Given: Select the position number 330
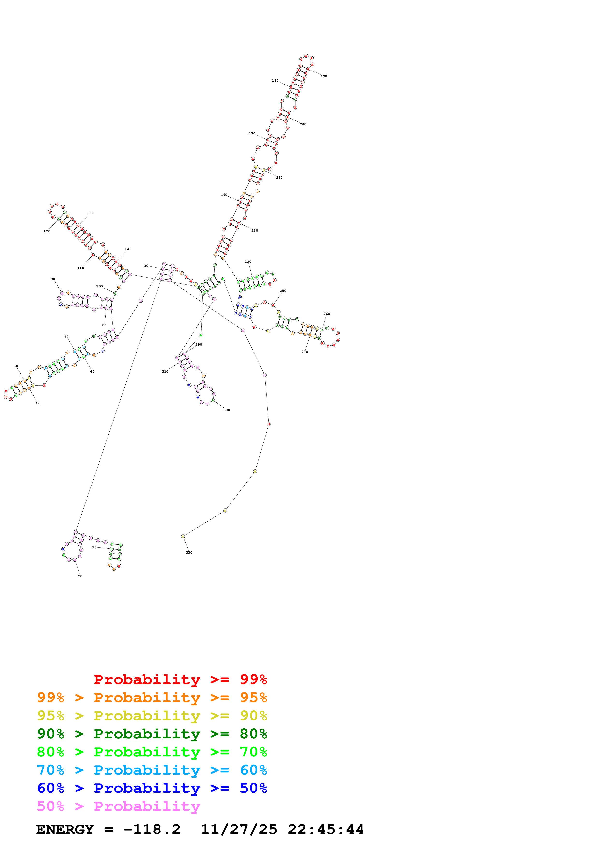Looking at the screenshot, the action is coord(189,553).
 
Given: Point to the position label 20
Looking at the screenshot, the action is coord(80,576).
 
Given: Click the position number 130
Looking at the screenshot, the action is coord(90,213).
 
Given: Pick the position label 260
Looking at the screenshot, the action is coord(327,314).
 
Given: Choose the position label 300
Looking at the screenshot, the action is coord(227,410).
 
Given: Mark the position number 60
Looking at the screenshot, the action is coord(16,366).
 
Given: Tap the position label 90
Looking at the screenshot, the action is coord(53,279).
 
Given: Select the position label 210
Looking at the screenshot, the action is coord(279,178).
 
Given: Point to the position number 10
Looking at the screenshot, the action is coord(94,547).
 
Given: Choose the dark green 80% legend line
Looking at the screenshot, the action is coord(152,734).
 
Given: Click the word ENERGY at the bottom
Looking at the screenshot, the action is coord(65,830).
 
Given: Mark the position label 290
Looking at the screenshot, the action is coord(199,345).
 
